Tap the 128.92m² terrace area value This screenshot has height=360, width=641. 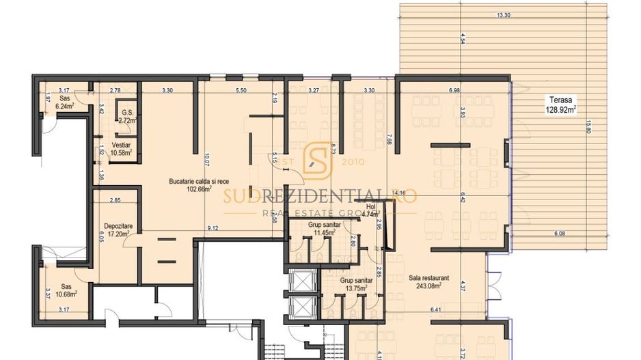[x=560, y=109]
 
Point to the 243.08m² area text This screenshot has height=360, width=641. [x=428, y=286]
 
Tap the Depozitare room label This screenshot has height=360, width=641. [x=111, y=225]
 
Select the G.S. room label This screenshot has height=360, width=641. [x=126, y=113]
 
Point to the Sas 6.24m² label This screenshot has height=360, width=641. [x=66, y=102]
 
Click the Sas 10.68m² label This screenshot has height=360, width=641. [x=66, y=290]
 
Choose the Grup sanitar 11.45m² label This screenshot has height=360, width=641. [x=323, y=229]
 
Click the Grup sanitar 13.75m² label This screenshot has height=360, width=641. [x=355, y=284]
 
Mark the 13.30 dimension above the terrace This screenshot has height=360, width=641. [x=504, y=14]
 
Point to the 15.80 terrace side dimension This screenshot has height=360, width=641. [x=587, y=128]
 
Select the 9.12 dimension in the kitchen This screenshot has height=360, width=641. [x=213, y=227]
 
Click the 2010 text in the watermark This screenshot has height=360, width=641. [x=353, y=163]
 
